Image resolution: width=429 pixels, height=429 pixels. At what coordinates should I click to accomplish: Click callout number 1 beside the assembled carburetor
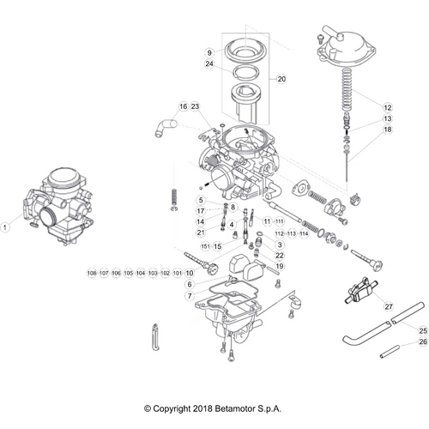point(6,227)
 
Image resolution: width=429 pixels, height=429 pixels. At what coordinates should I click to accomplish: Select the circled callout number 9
point(208,52)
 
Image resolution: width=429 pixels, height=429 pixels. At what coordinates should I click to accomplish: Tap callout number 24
point(208,63)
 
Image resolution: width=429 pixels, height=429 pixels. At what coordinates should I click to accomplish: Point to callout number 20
point(281,79)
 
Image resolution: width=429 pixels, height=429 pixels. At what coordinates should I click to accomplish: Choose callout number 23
point(195,106)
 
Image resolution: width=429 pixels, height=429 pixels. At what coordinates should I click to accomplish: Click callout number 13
point(387,118)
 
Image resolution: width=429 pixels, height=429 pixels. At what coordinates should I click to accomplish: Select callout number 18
point(387,130)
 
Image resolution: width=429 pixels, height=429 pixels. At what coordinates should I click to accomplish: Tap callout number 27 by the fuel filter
point(387,306)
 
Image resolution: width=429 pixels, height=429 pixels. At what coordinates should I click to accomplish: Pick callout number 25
point(421,330)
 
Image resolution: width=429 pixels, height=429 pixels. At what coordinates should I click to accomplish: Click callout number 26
point(421,342)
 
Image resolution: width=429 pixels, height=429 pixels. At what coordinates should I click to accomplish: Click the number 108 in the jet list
point(92,273)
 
